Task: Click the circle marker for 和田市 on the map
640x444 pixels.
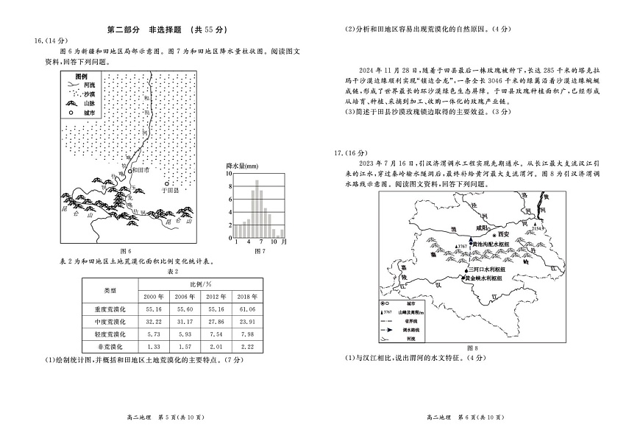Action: [x=131, y=170]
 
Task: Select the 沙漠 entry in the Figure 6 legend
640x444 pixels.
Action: [x=89, y=94]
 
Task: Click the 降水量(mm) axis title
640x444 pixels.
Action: [x=240, y=167]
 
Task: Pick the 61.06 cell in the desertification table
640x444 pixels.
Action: [x=249, y=309]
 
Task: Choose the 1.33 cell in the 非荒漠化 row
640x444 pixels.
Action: [x=154, y=346]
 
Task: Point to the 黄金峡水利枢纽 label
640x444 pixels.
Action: [x=486, y=278]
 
